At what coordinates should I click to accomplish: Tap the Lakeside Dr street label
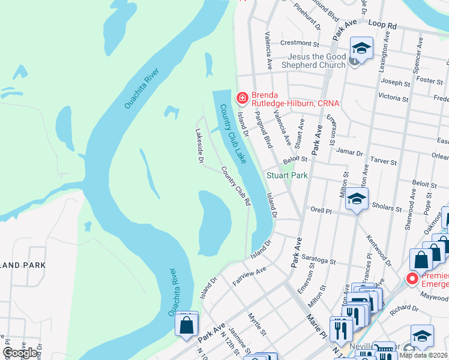click(200, 146)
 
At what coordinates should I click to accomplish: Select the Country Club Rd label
click(236, 187)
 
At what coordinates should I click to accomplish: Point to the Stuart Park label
click(287, 176)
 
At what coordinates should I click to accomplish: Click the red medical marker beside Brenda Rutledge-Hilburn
click(242, 97)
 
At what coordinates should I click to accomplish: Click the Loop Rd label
click(384, 26)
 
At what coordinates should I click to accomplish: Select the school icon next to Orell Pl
click(357, 200)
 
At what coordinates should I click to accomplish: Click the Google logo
click(20, 353)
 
